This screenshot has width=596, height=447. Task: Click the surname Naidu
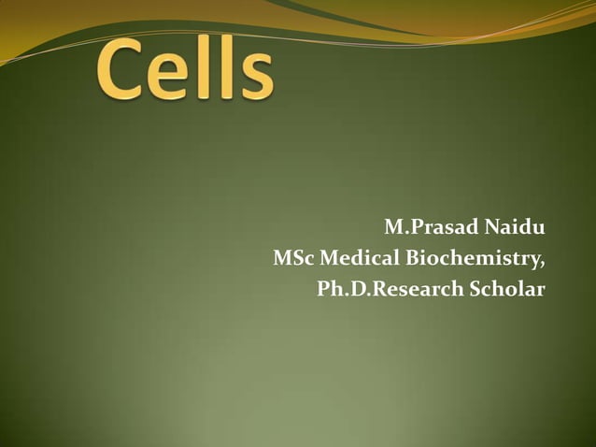tap(513, 227)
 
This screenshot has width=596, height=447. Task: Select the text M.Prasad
tap(428, 227)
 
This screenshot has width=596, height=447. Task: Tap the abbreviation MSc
tap(293, 258)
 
